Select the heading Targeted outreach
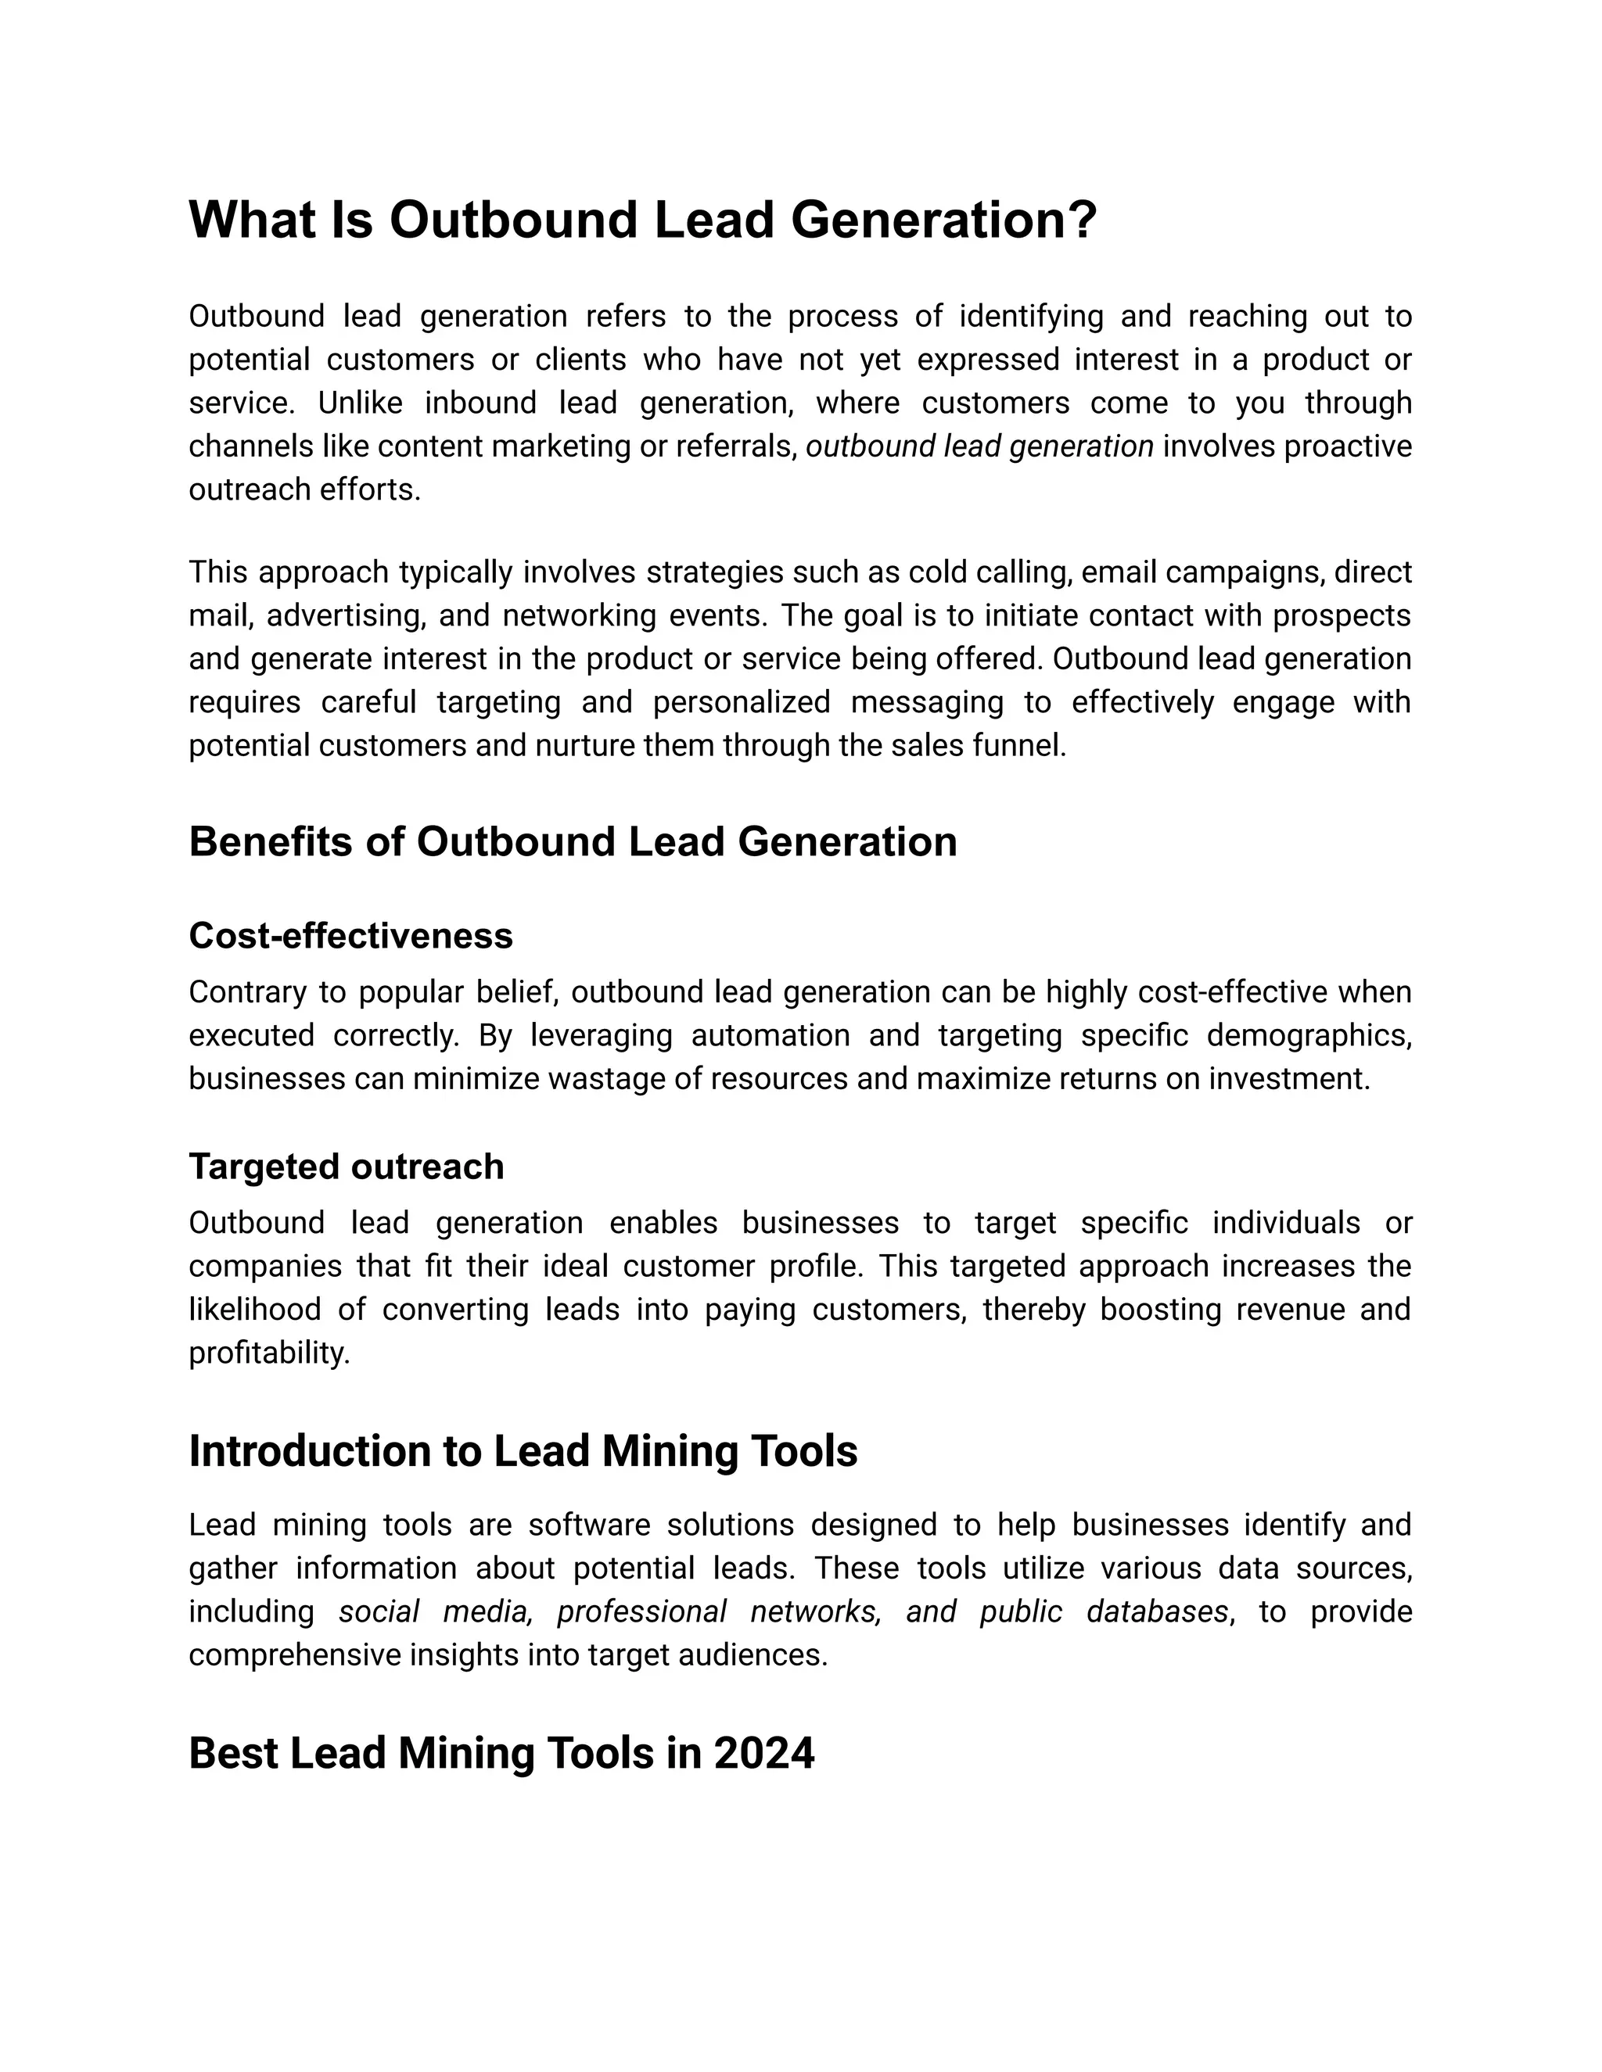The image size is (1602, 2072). point(346,1166)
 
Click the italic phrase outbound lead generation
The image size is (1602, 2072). point(979,446)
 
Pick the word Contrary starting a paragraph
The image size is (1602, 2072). point(246,992)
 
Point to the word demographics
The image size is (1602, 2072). point(1309,1035)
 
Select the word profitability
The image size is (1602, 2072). point(268,1353)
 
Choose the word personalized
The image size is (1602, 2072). point(742,703)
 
